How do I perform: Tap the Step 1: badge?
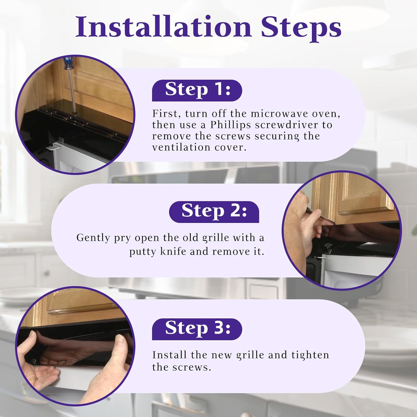[x=197, y=90]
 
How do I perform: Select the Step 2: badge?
[x=214, y=212]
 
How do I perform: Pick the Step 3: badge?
[x=197, y=329]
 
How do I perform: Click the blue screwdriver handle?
[x=68, y=64]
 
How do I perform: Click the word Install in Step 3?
[x=170, y=355]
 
